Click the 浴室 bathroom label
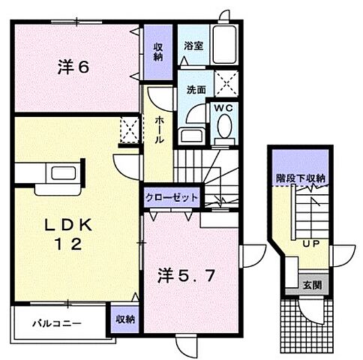[193, 45]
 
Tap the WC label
[224, 108]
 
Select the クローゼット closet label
[172, 197]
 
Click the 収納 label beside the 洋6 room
[159, 52]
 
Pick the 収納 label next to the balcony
[125, 318]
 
